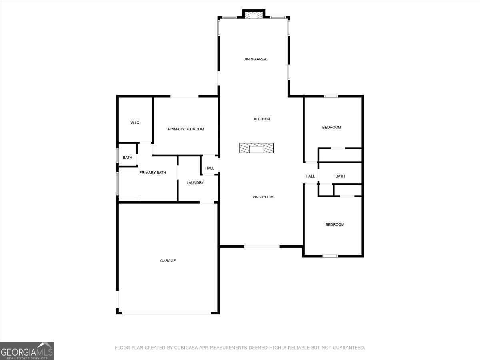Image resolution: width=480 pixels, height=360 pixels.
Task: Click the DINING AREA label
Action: pyautogui.click(x=255, y=59)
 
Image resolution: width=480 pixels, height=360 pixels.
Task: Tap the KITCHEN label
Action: pyautogui.click(x=262, y=119)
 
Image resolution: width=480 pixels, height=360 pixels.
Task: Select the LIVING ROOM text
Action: pyautogui.click(x=261, y=197)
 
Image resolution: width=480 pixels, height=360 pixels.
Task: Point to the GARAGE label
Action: pyautogui.click(x=168, y=260)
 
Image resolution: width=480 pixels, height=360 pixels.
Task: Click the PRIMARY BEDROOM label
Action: pyautogui.click(x=186, y=129)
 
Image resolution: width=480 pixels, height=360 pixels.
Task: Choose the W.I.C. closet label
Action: pyautogui.click(x=135, y=123)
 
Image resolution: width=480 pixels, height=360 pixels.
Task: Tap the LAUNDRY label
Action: pyautogui.click(x=195, y=182)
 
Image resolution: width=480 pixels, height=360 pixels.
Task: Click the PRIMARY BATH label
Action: pyautogui.click(x=153, y=172)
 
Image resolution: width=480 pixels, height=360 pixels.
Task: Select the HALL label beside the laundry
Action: pyautogui.click(x=210, y=168)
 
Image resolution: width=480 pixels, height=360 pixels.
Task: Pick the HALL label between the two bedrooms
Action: pyautogui.click(x=310, y=176)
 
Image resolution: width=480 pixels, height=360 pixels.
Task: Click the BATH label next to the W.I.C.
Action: pyautogui.click(x=127, y=158)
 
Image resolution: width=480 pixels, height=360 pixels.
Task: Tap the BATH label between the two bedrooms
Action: pyautogui.click(x=340, y=176)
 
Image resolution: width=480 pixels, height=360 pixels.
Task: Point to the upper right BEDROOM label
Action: pyautogui.click(x=332, y=127)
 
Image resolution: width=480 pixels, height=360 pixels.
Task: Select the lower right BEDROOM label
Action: pyautogui.click(x=335, y=224)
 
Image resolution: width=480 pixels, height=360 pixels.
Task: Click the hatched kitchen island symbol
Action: pyautogui.click(x=256, y=148)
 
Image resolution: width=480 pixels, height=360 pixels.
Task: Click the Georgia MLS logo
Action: pyautogui.click(x=27, y=351)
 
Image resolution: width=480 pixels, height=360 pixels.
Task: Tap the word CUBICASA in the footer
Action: pyautogui.click(x=186, y=348)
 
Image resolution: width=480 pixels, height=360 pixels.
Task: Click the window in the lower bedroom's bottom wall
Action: pyautogui.click(x=330, y=256)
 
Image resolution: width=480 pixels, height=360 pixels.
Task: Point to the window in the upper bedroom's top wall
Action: pyautogui.click(x=331, y=96)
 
